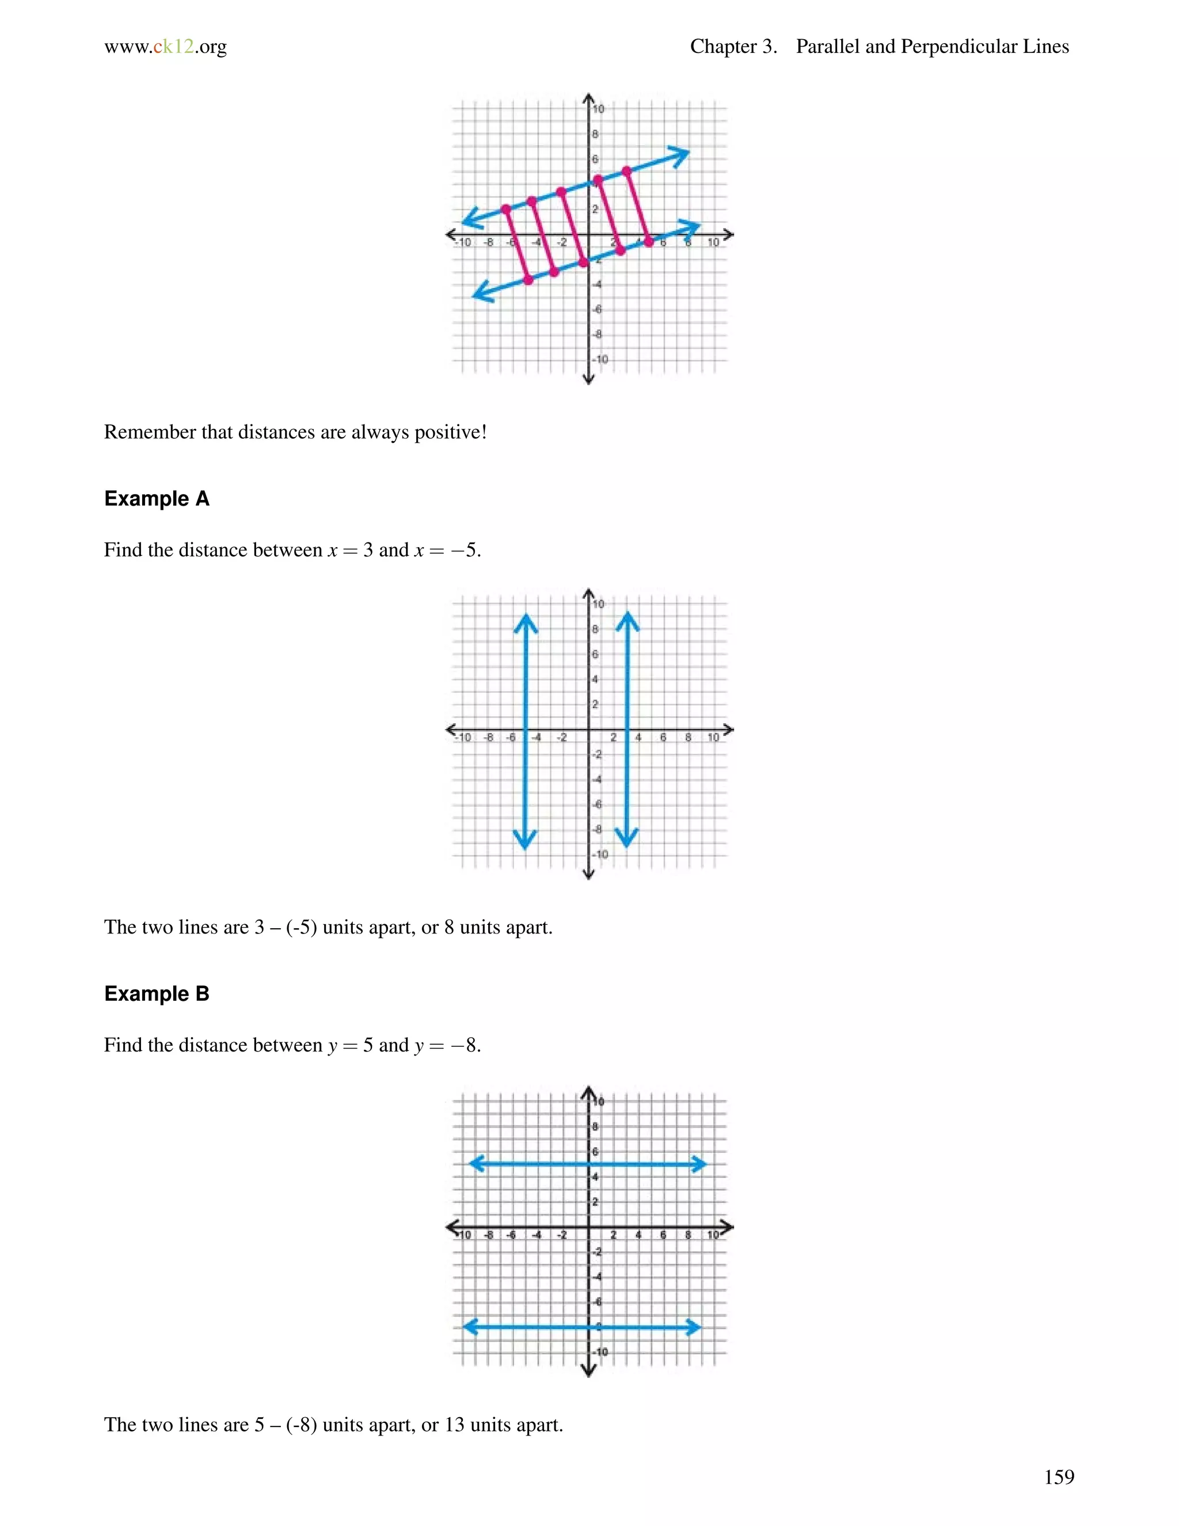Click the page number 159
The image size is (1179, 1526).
(1059, 1476)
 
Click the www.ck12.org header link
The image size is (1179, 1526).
(166, 47)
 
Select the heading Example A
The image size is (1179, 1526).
(157, 498)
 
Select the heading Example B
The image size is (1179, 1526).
(157, 993)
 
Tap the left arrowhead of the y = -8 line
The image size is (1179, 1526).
(470, 1327)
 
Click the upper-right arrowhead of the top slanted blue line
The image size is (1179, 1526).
(681, 154)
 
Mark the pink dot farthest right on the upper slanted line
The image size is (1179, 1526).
(626, 171)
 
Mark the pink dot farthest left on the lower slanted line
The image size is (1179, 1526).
(528, 279)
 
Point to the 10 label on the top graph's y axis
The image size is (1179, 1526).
(599, 109)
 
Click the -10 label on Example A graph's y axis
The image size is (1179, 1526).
(600, 855)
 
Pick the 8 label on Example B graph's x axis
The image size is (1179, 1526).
(688, 1235)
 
